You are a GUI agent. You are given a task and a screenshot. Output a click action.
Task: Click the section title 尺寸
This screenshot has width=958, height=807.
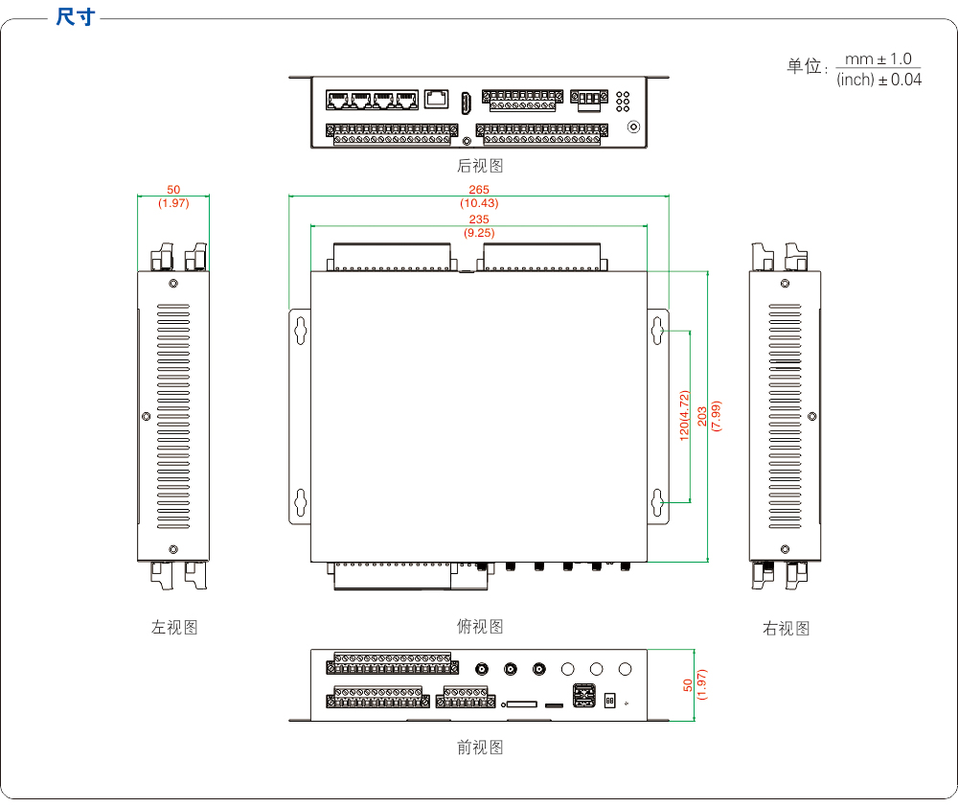pos(76,16)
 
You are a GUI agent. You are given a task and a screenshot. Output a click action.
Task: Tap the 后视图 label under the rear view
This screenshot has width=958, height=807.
pos(480,166)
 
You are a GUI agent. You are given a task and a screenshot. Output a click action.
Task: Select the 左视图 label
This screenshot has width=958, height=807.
pos(174,628)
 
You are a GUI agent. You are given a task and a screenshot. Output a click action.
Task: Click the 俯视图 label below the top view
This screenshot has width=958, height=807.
pos(480,627)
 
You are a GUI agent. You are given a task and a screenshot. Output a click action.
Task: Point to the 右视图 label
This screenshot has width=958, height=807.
pos(786,629)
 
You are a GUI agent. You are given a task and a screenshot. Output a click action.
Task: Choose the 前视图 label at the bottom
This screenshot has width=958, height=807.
pos(480,748)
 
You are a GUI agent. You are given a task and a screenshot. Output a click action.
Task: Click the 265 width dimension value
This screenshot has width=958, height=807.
pos(479,190)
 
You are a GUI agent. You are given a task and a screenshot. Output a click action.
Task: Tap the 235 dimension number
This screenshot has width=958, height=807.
pos(479,219)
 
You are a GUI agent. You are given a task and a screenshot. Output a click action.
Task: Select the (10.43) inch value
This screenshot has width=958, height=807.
pos(479,203)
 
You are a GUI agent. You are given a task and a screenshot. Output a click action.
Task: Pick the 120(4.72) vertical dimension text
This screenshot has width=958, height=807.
pos(684,415)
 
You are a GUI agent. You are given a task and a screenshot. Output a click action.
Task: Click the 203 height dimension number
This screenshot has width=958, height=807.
pos(702,415)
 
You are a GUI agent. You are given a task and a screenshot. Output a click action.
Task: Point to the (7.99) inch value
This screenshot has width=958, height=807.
pos(717,415)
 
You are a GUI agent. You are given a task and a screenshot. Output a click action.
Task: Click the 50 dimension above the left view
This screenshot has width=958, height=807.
pos(173,190)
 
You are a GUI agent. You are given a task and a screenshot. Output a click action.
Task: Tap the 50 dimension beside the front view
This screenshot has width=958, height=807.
pos(687,685)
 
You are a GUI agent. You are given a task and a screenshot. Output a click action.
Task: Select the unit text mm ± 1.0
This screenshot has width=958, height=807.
pos(878,59)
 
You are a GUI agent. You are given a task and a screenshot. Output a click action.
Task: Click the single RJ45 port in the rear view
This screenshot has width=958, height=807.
pos(437,98)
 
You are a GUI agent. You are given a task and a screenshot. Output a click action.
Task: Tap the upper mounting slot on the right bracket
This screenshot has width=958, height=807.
pos(657,330)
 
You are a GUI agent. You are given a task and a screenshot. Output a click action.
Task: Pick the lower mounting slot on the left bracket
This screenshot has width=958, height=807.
pos(301,501)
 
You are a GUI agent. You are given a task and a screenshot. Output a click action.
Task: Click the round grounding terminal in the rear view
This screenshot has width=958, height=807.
pos(632,126)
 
